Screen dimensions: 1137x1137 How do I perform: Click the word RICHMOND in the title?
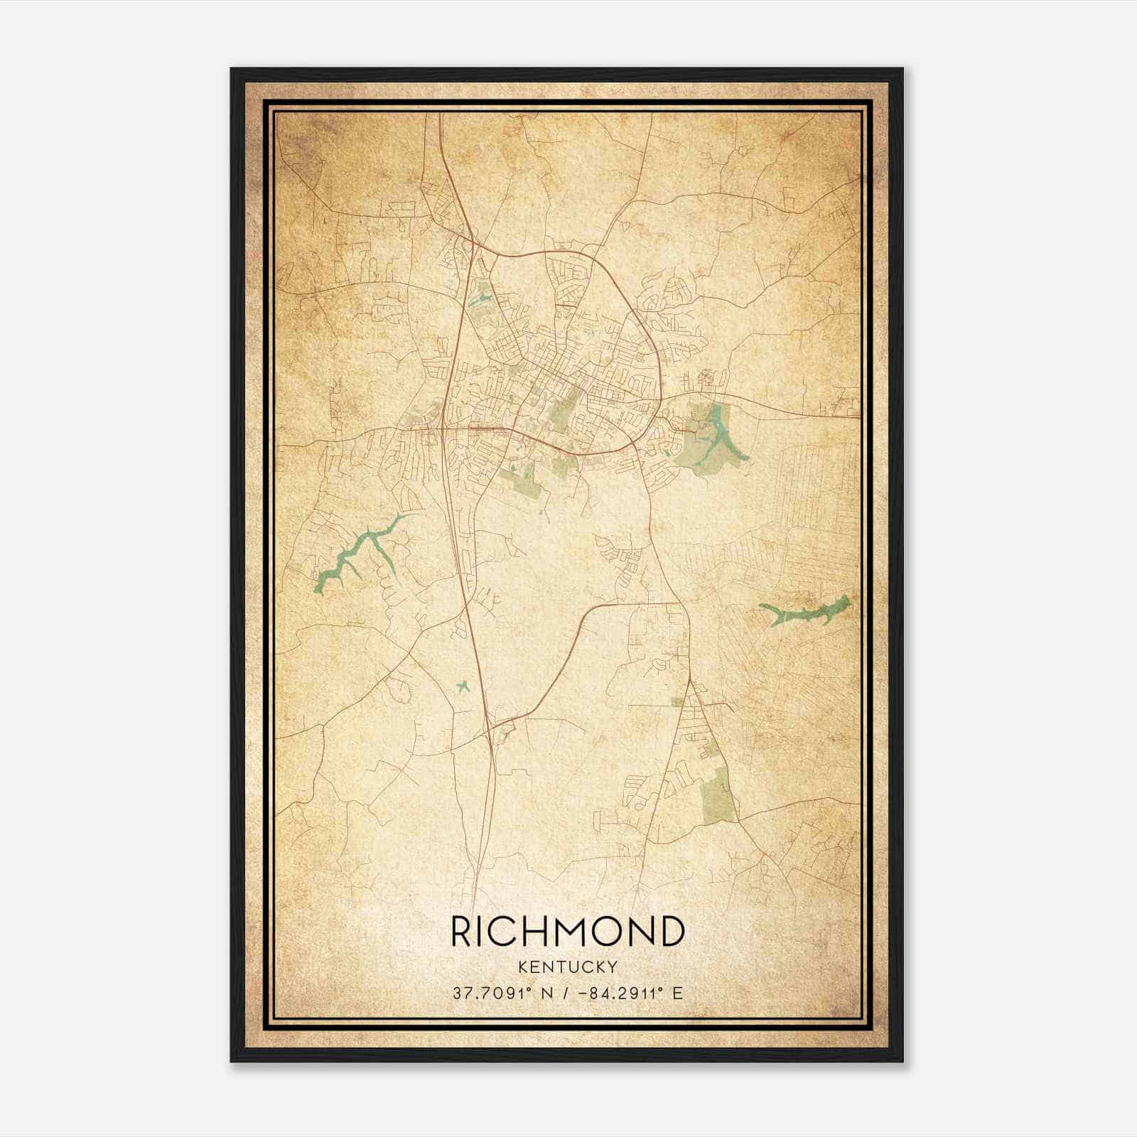click(x=568, y=932)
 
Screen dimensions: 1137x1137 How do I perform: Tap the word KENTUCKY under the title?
click(x=568, y=967)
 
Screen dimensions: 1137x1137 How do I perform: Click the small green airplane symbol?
click(x=463, y=686)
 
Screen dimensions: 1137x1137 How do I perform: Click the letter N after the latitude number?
click(x=545, y=993)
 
